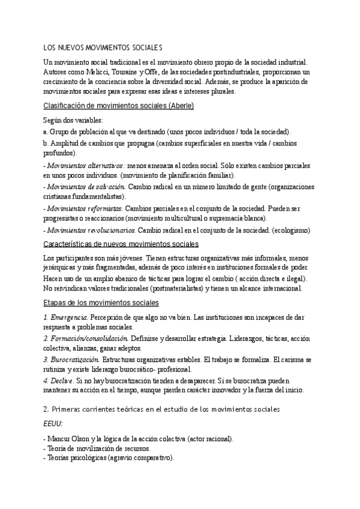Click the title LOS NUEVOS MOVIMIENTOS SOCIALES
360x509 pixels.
pos(103,47)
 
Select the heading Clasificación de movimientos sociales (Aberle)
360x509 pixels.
pos(119,106)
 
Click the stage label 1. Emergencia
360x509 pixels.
pos(66,317)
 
